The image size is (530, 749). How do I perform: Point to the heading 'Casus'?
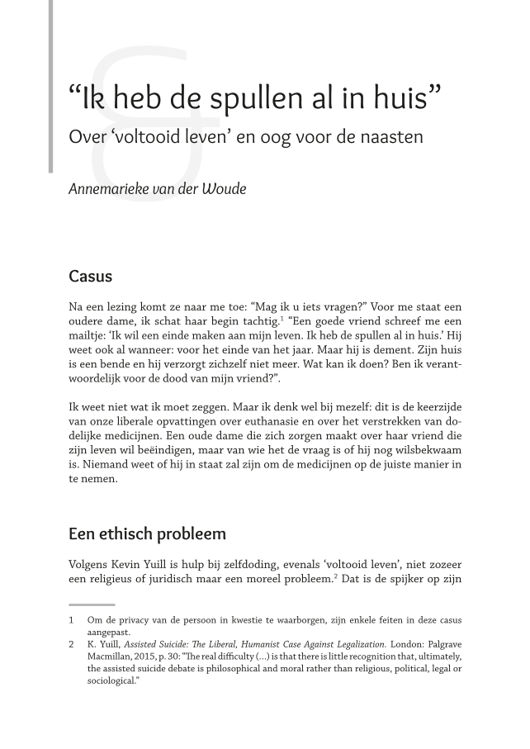coord(90,276)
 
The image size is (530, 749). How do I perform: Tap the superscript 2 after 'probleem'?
coord(334,577)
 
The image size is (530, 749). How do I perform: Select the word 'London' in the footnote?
coord(409,644)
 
